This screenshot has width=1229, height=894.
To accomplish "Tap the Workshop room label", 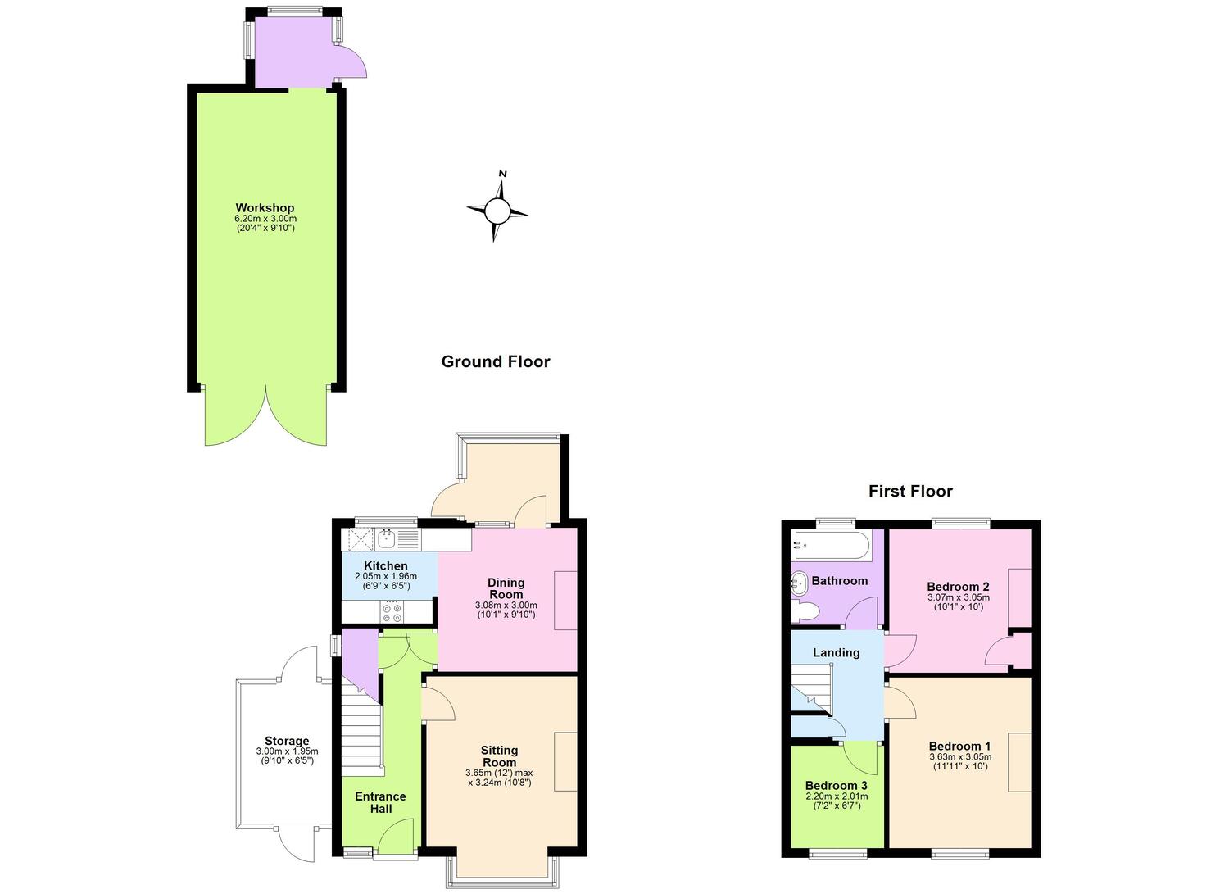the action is tap(265, 208).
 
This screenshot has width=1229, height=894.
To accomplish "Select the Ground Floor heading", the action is tap(496, 361).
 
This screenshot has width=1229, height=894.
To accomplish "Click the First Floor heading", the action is tap(910, 491).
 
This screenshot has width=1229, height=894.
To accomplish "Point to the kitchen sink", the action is tap(388, 538).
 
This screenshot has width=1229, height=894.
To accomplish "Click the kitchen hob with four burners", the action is tap(392, 612).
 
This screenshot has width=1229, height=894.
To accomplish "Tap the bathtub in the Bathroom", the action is tap(829, 546).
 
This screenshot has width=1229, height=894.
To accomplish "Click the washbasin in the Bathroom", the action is tap(799, 583).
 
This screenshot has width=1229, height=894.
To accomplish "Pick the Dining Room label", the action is tap(506, 588).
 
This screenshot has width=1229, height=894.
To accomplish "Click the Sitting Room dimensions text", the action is tap(499, 778).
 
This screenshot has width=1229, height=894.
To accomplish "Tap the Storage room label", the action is tap(287, 741).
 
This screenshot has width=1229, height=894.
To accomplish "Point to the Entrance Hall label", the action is tap(380, 802).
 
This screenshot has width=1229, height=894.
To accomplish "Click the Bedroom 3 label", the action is tap(837, 786).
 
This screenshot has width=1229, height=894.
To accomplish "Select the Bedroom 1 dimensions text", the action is tap(960, 761).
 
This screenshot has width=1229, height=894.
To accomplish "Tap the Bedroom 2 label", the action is tap(958, 587).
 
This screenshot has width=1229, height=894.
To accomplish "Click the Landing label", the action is tap(837, 652).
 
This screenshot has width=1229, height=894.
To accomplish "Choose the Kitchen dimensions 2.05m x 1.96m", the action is tap(386, 576).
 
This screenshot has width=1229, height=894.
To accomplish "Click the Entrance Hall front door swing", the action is tap(396, 836).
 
